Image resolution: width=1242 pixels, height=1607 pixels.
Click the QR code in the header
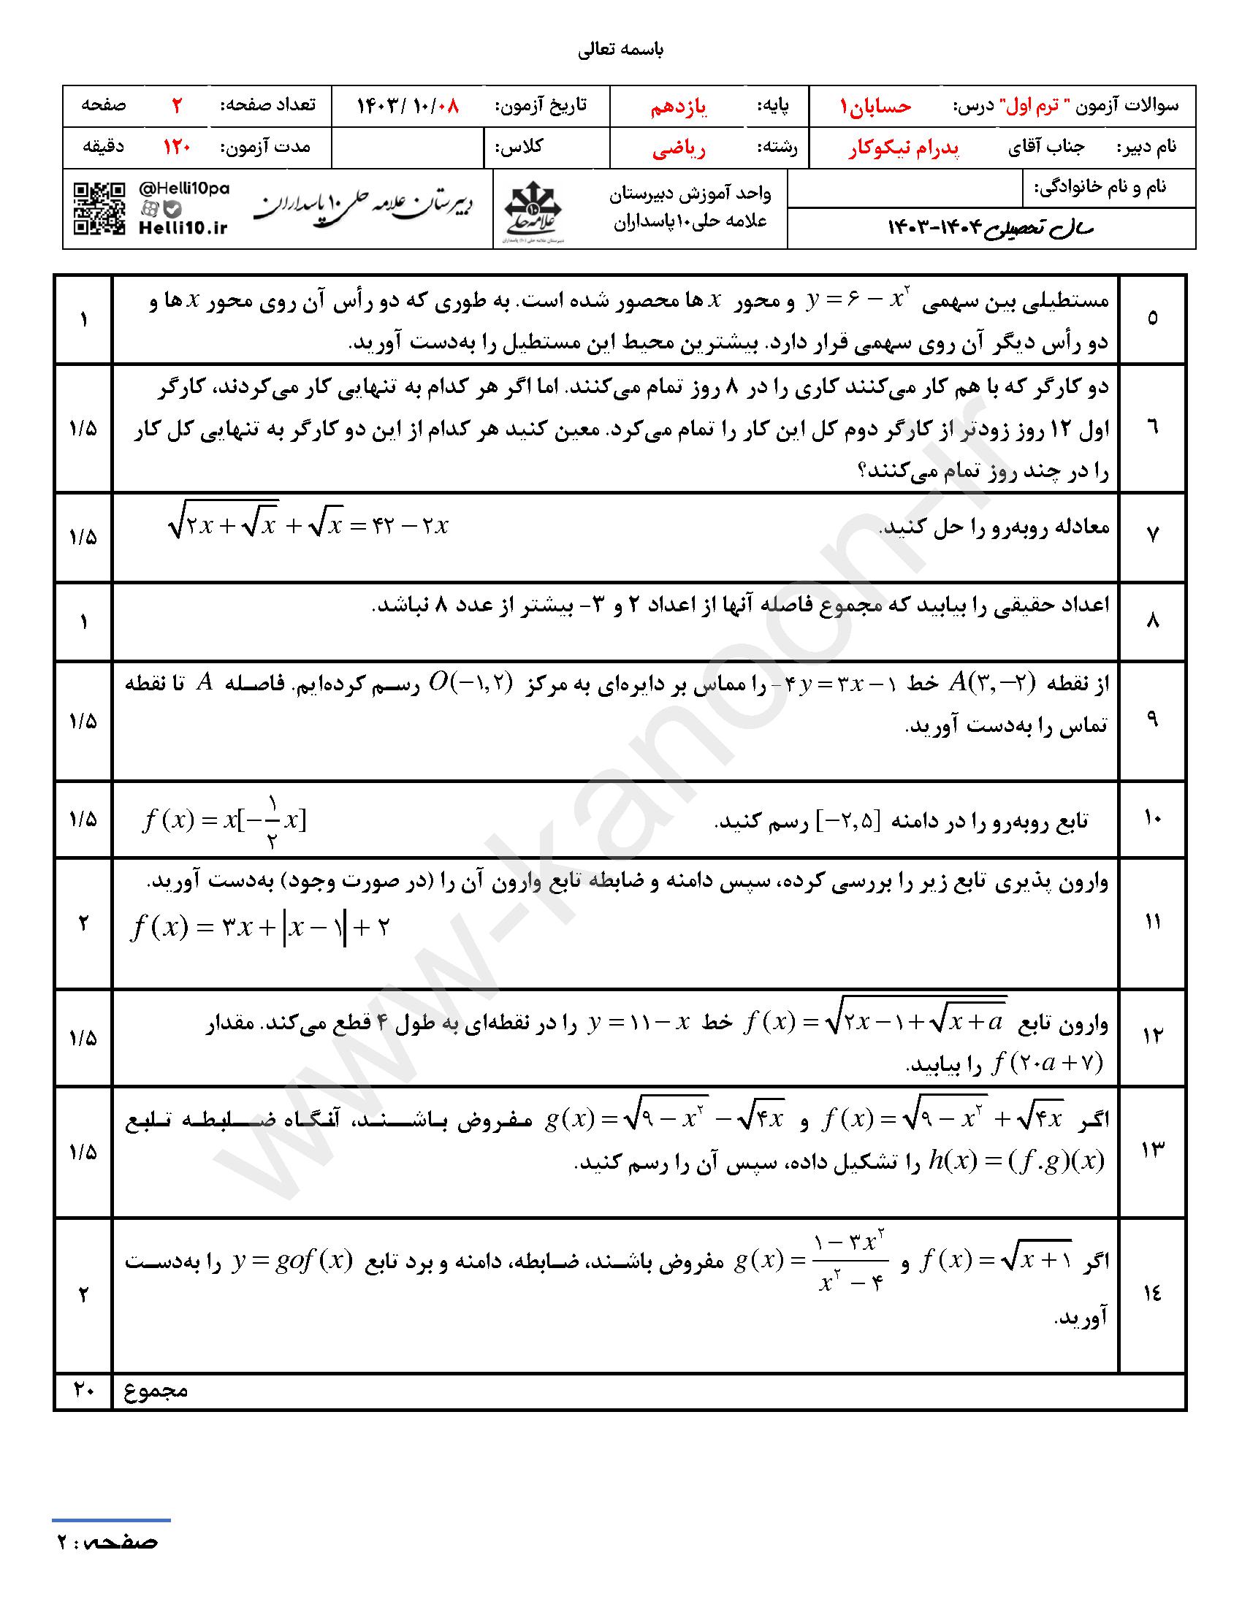(99, 209)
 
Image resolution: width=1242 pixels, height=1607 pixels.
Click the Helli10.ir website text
(183, 228)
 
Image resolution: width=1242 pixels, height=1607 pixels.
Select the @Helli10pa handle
(184, 189)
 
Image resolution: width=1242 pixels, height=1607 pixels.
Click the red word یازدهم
(678, 107)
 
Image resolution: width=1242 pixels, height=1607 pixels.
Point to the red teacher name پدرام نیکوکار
(904, 148)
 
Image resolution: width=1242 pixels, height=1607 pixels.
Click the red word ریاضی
(679, 149)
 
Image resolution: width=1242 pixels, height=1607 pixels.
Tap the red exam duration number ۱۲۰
(177, 147)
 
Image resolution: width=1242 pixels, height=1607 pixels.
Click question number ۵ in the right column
(1152, 318)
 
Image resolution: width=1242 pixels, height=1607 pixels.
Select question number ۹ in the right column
(1152, 719)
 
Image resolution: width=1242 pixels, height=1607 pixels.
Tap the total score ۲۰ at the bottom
(83, 1390)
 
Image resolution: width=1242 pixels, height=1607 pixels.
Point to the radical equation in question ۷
(308, 525)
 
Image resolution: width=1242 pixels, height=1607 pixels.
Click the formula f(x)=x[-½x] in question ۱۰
(224, 820)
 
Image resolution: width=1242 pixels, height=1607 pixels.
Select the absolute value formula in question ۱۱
(259, 927)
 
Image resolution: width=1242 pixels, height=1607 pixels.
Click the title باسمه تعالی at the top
(621, 50)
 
